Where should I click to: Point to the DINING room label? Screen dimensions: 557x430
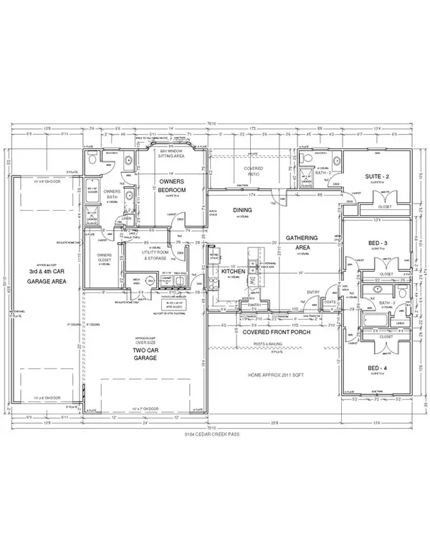click(241, 210)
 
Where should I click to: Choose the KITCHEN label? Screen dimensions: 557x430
click(234, 273)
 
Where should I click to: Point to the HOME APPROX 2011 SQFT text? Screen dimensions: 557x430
click(274, 374)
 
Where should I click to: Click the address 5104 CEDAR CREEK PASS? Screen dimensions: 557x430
click(213, 434)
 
